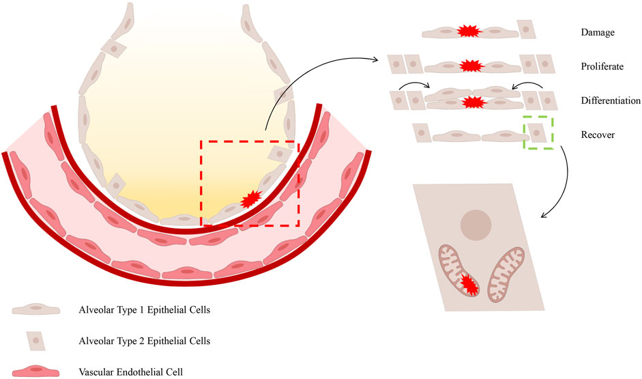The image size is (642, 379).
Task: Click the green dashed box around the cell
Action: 538,131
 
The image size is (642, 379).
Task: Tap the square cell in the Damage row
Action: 527,31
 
